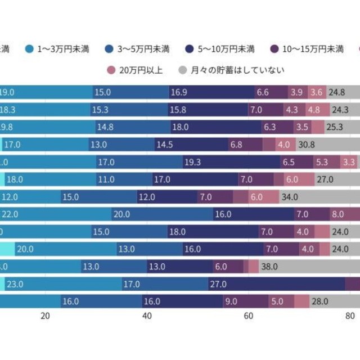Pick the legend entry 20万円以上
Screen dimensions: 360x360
(135, 70)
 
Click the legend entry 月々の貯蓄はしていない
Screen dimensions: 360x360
(231, 70)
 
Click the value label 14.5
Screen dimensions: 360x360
(165, 145)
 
